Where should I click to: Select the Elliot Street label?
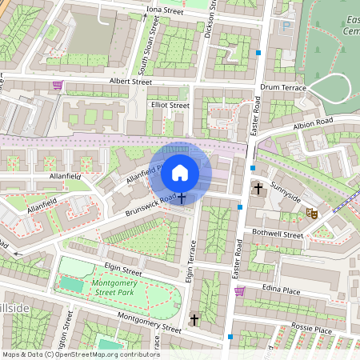[170, 105]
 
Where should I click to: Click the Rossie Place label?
[311, 329]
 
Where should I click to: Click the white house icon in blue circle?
[180, 172]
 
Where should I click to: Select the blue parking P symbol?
[286, 26]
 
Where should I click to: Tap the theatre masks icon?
[312, 214]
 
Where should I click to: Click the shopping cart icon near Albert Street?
[58, 85]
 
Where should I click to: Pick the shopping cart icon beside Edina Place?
[239, 291]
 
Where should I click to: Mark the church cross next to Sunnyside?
[258, 190]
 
